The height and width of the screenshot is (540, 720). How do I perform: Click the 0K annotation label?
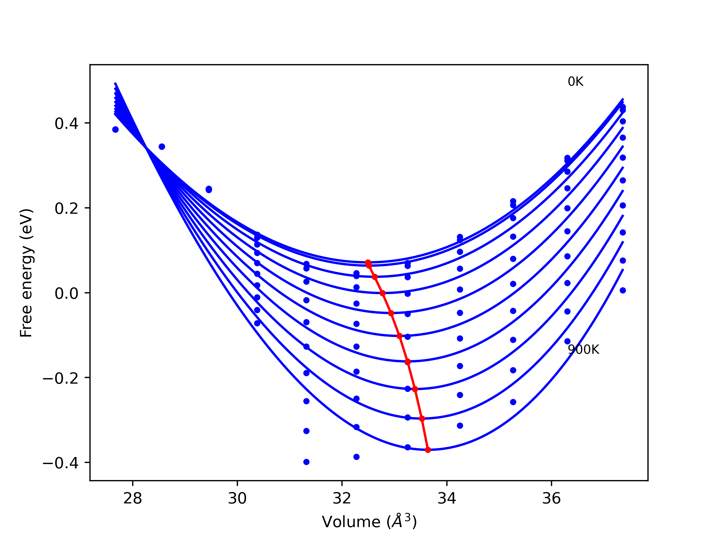pyautogui.click(x=575, y=82)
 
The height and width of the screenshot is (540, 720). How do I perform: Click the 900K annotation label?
pyautogui.click(x=583, y=350)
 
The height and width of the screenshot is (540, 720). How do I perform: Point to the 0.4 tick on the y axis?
pyautogui.click(x=66, y=123)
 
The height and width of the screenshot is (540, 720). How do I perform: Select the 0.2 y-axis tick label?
pyautogui.click(x=66, y=208)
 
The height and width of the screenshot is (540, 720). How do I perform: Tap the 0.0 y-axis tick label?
pyautogui.click(x=66, y=293)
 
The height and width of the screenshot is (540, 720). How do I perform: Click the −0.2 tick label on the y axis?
pyautogui.click(x=60, y=378)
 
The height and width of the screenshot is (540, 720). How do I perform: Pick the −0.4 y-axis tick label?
pyautogui.click(x=60, y=463)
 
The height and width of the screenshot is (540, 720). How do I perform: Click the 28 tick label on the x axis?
pyautogui.click(x=133, y=498)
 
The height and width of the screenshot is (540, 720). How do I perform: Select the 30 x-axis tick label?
pyautogui.click(x=237, y=498)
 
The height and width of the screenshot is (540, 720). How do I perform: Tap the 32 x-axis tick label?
pyautogui.click(x=342, y=498)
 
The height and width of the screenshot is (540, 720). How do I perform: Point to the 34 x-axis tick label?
pyautogui.click(x=447, y=498)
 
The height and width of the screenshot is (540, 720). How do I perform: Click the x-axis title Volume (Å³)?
pyautogui.click(x=369, y=522)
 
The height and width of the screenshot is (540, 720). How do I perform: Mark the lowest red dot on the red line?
pyautogui.click(x=428, y=450)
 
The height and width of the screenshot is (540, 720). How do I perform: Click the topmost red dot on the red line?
pyautogui.click(x=368, y=262)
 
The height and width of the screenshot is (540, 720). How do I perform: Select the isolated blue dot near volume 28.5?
pyautogui.click(x=162, y=147)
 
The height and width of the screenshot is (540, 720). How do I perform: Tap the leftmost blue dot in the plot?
pyautogui.click(x=115, y=130)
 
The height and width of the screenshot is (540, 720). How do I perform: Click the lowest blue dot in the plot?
pyautogui.click(x=306, y=462)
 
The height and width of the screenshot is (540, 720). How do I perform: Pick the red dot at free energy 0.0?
pyautogui.click(x=383, y=293)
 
